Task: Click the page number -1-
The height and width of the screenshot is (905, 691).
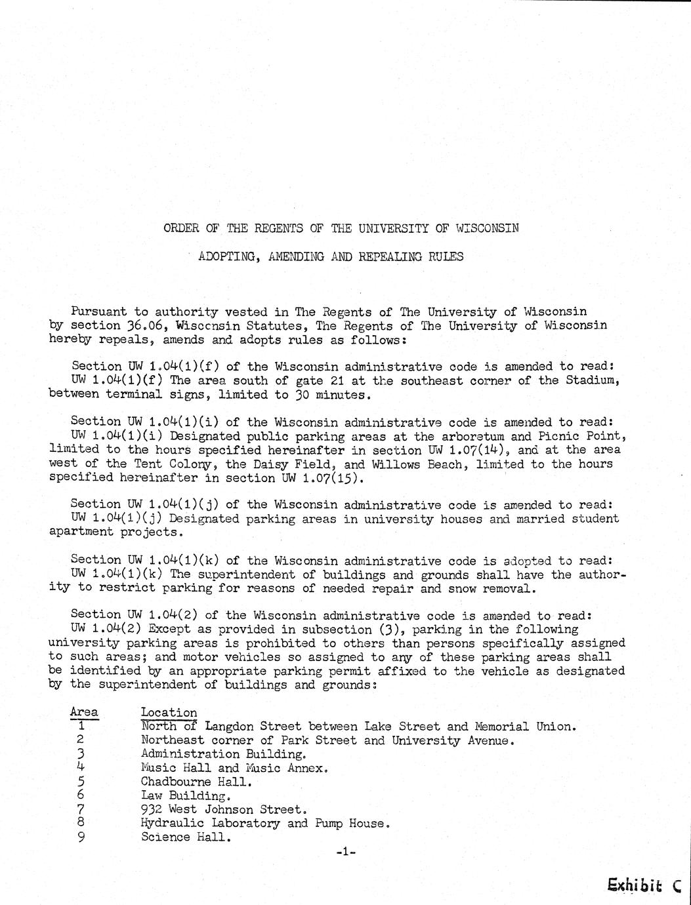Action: tap(345, 852)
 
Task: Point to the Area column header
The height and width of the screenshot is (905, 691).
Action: tap(84, 712)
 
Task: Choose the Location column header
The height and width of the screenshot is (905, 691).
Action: tap(169, 712)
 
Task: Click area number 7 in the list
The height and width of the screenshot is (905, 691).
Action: tap(81, 809)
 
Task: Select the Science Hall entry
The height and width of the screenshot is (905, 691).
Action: tap(185, 837)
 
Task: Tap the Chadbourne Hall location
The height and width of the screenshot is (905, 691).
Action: tap(196, 782)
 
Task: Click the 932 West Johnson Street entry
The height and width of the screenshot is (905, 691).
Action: tap(223, 810)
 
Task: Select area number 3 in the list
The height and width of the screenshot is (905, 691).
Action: tap(81, 754)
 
